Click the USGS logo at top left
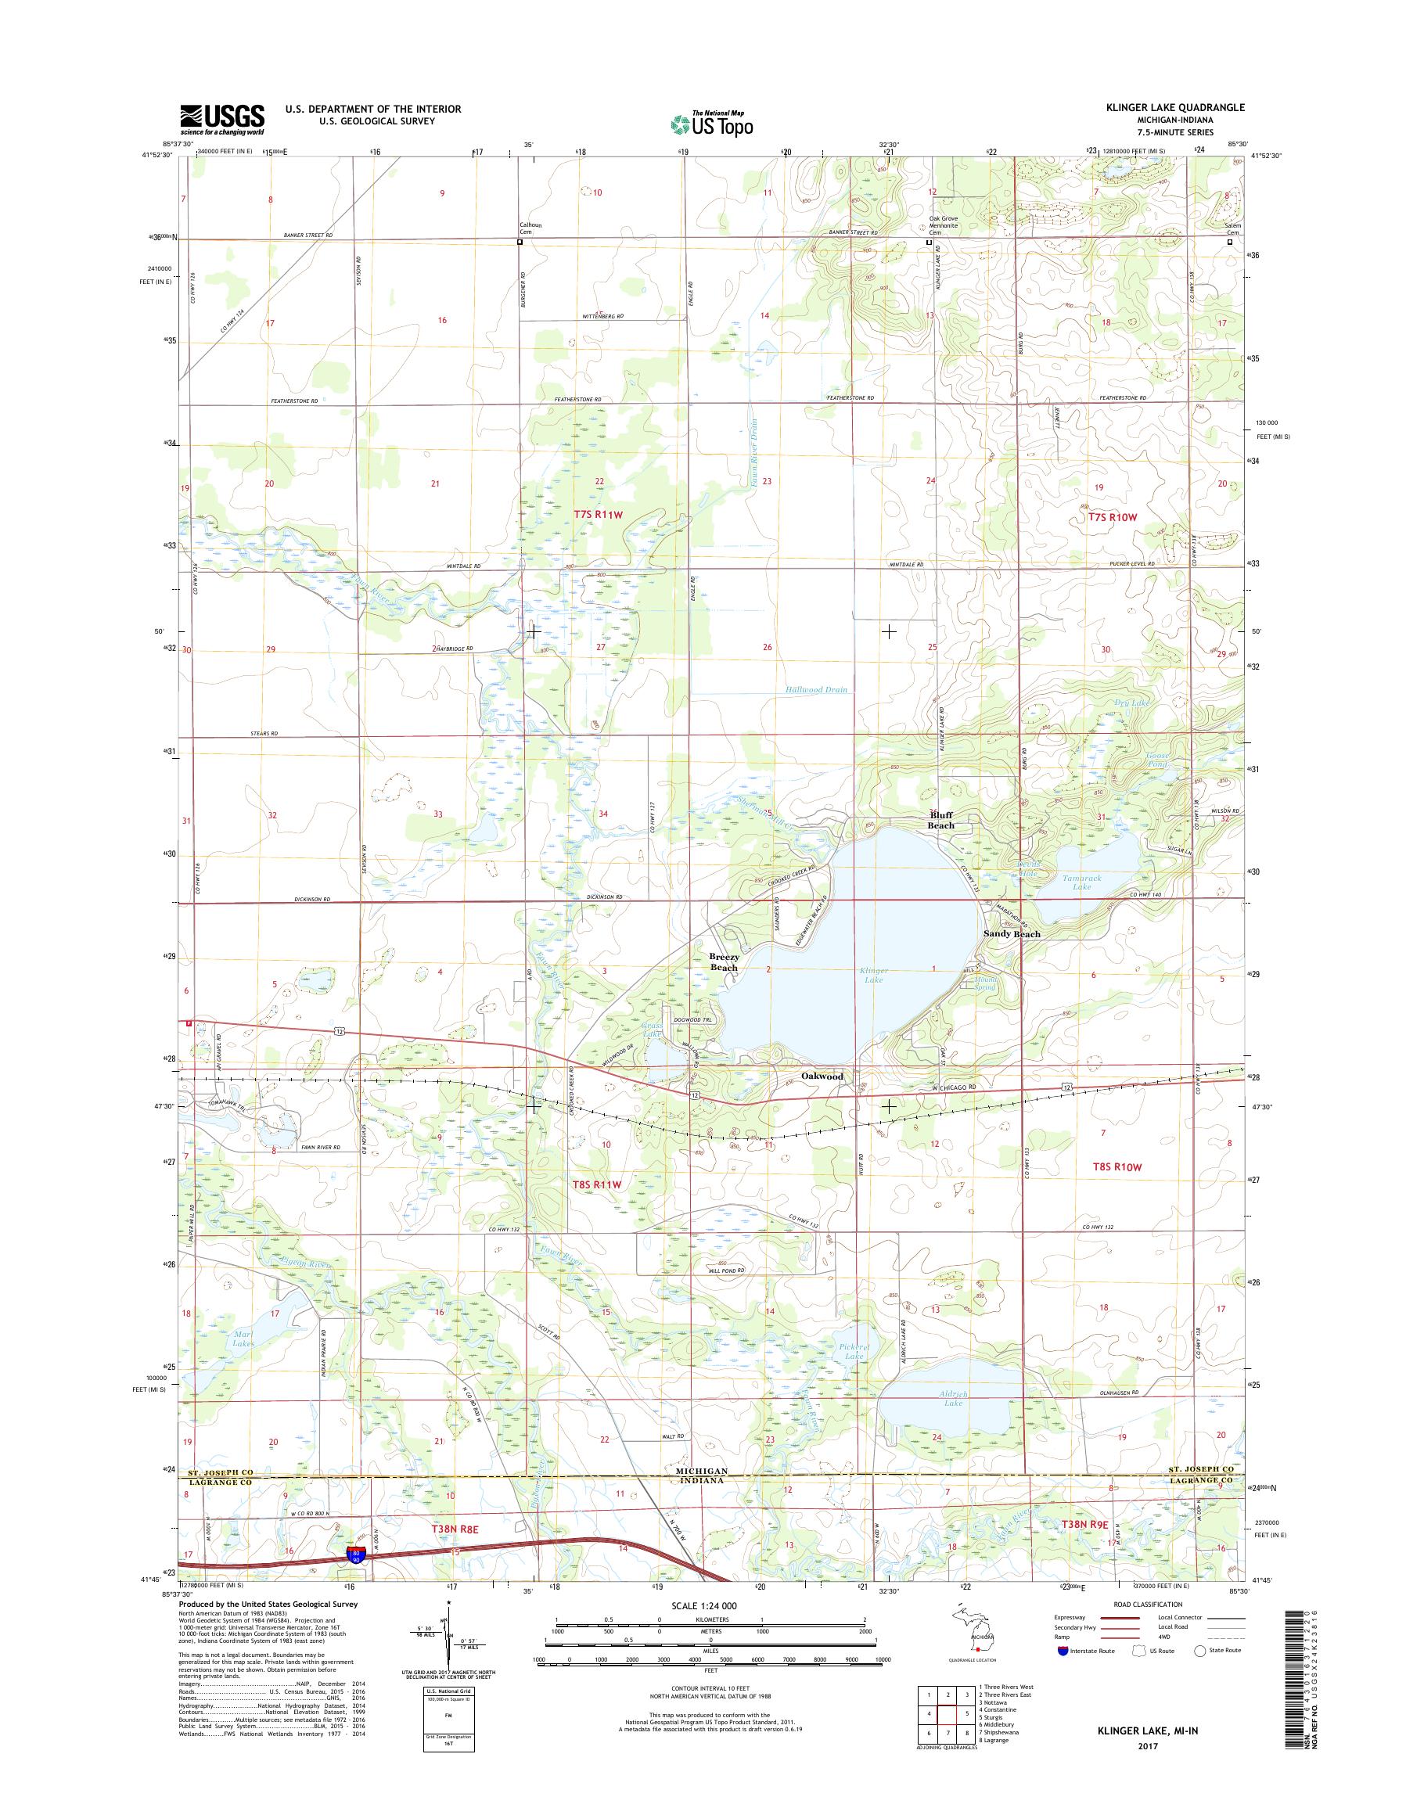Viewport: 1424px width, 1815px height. pyautogui.click(x=221, y=120)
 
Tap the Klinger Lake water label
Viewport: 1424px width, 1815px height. pyautogui.click(x=874, y=976)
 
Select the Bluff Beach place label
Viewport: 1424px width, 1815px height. pyautogui.click(x=941, y=821)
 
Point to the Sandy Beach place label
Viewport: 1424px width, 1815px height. pyautogui.click(x=1012, y=935)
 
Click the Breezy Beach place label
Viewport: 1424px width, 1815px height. pyautogui.click(x=723, y=962)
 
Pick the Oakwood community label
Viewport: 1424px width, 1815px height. pyautogui.click(x=822, y=1076)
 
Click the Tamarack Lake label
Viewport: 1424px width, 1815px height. pyautogui.click(x=1082, y=882)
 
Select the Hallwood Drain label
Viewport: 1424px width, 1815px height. pyautogui.click(x=816, y=689)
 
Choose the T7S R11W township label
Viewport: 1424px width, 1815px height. pyautogui.click(x=598, y=515)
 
